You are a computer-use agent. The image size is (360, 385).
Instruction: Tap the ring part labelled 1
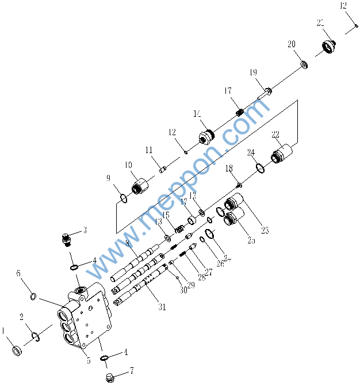(17, 350)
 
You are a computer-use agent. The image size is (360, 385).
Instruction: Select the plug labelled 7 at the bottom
(112, 378)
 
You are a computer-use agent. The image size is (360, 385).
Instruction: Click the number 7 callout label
(132, 371)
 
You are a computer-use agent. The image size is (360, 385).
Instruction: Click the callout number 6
(18, 273)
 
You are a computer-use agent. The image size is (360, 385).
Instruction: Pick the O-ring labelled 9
(123, 199)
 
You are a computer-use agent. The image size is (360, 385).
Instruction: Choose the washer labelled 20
(303, 63)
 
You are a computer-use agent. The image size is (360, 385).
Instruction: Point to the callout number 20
(292, 44)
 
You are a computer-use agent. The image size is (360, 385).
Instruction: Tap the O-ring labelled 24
(259, 169)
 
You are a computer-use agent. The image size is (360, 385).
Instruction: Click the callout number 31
(162, 307)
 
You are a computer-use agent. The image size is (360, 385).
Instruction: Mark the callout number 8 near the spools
(127, 243)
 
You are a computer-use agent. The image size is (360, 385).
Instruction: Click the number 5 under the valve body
(88, 361)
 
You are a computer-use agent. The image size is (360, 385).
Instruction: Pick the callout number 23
(265, 231)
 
